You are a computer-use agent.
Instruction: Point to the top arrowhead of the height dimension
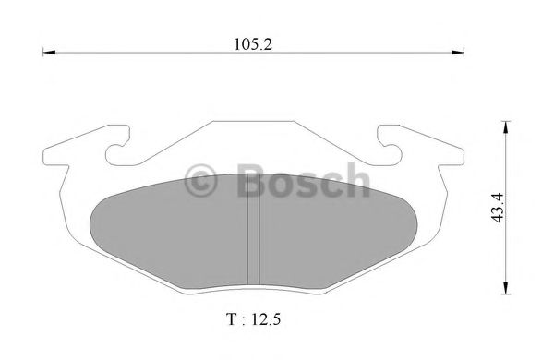click(x=505, y=126)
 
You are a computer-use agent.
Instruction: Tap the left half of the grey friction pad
click(x=171, y=231)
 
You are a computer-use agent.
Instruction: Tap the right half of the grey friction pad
click(x=337, y=231)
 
